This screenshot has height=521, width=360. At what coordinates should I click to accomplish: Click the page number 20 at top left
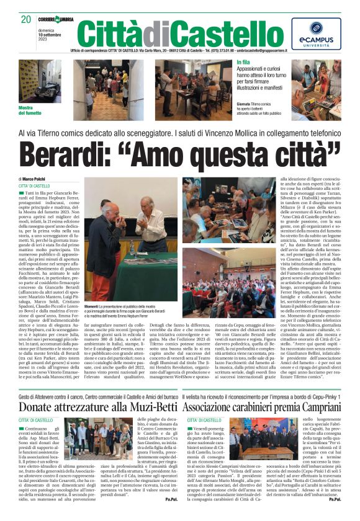tap(25, 19)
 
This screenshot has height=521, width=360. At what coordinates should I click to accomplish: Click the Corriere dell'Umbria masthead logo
tap(56, 20)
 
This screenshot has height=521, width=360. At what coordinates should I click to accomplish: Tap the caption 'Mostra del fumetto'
tap(30, 110)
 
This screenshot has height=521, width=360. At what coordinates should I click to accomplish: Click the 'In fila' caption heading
tap(243, 63)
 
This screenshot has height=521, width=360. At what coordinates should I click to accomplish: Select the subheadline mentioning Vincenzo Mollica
tap(179, 133)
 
